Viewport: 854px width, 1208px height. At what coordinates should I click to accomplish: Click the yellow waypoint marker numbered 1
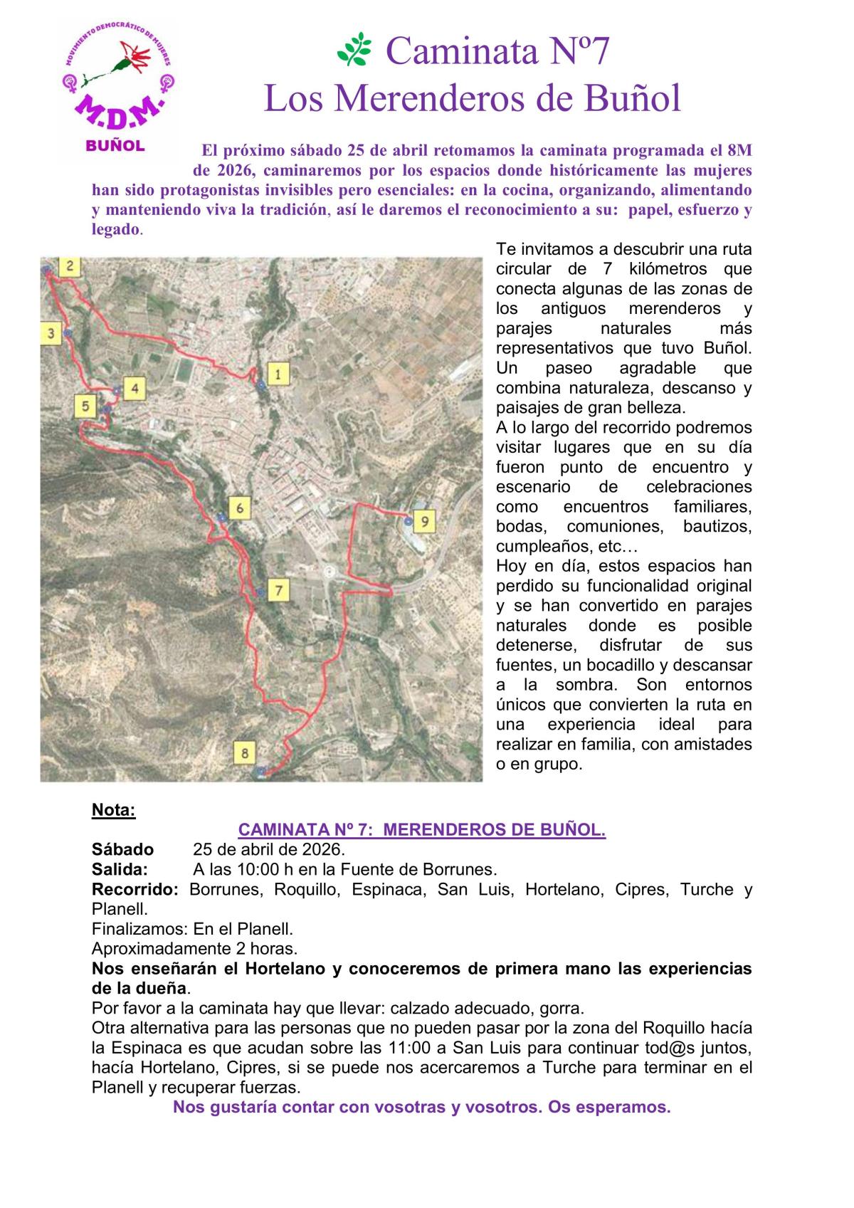coord(278,373)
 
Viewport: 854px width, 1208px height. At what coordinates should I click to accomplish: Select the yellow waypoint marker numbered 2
coord(70,267)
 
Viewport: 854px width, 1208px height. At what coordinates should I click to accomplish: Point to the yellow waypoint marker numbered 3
coord(51,333)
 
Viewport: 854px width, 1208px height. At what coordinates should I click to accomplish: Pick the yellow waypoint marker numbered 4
coord(134,389)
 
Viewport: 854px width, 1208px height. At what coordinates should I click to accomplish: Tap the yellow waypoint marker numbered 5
coord(85,406)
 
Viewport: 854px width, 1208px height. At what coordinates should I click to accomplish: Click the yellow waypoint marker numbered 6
coord(241,508)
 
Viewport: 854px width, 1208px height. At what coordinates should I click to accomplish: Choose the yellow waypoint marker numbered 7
coord(279,590)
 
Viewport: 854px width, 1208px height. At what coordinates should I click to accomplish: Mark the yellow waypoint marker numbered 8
coord(245,752)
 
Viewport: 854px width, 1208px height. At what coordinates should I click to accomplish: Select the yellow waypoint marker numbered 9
coord(424,522)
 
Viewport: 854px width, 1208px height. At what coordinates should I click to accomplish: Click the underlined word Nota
coord(113,810)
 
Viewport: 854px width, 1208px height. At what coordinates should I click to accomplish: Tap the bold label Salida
coord(120,869)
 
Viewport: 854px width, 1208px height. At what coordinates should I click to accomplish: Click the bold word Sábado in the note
coord(122,849)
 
